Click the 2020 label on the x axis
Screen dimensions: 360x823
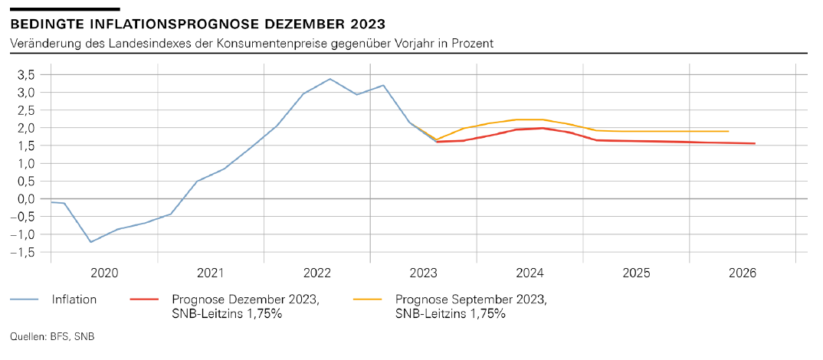tap(103, 273)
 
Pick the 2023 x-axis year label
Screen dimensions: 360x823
tap(423, 273)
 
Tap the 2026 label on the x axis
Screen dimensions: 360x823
tap(743, 273)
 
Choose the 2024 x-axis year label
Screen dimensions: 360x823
tap(530, 273)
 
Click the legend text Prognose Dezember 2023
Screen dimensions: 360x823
tap(245, 299)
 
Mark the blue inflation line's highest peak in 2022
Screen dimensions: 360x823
tap(330, 79)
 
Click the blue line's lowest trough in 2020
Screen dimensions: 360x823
tap(90, 242)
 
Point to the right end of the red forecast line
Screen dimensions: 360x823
tap(756, 143)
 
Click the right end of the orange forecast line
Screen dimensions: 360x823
tap(728, 131)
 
